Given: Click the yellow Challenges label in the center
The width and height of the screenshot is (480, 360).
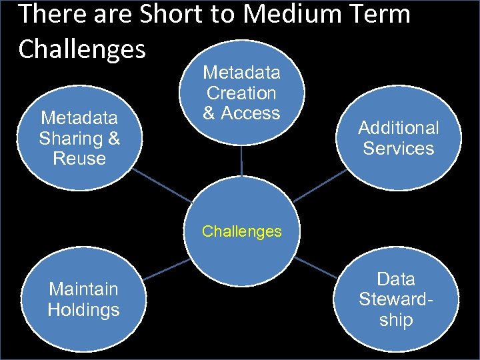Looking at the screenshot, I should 241,231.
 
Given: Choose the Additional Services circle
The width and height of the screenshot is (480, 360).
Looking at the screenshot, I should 399,138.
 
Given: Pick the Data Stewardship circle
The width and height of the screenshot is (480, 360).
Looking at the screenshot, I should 396,299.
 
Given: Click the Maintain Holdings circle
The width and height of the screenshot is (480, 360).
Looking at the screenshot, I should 83,299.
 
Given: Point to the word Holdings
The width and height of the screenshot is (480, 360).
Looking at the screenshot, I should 83,310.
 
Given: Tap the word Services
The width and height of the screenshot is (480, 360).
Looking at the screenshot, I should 399,148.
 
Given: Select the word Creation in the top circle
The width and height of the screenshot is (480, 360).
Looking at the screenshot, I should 241,93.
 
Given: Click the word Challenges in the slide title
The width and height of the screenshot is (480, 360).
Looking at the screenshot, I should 82,48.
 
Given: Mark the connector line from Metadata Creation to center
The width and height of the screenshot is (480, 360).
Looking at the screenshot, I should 241,167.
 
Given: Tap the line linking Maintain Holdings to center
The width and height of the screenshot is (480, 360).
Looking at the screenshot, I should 167,269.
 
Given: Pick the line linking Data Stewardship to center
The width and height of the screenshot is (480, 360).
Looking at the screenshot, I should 317,268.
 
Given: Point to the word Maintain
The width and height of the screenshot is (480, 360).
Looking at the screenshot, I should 83,289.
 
